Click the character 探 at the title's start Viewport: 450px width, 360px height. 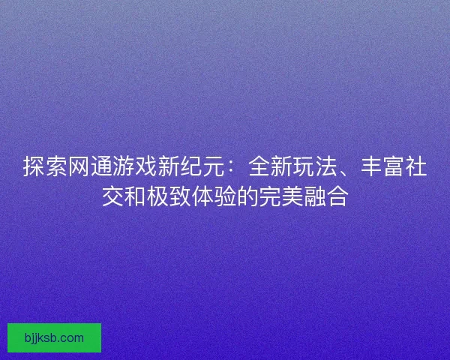34,167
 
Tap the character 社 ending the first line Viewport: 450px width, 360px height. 416,167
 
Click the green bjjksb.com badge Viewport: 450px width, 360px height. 54,337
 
